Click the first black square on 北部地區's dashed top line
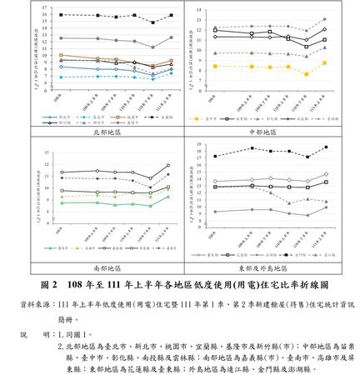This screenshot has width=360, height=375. (x=61, y=15)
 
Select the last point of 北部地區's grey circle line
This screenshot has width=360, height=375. (x=171, y=37)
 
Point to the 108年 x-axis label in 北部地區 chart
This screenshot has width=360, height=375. (x=57, y=98)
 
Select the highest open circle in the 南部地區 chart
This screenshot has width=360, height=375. (x=169, y=165)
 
